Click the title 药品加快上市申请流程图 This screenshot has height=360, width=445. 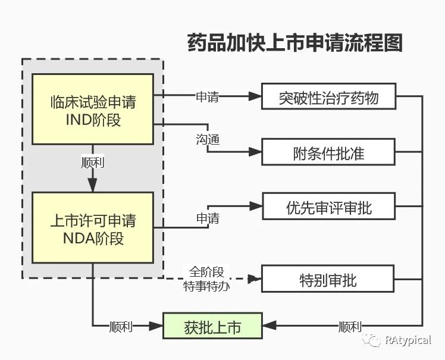coord(295,43)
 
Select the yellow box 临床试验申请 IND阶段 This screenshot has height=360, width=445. coord(92,109)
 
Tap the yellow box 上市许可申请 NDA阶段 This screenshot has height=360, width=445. coord(92,228)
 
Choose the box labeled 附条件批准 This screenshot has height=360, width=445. coord(328,153)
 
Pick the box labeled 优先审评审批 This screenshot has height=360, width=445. coord(328,208)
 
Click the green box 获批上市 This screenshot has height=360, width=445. coord(212,326)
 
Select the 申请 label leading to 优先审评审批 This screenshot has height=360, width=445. coord(208,218)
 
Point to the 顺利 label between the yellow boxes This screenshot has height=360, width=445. coord(92,162)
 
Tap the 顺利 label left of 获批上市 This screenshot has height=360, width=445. coord(121,327)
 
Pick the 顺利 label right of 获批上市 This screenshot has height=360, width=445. coord(350,327)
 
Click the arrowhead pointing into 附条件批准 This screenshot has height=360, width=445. coord(255,152)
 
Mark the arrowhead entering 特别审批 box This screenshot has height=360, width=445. coord(255,278)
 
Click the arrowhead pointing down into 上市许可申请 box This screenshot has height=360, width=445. coord(92,186)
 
